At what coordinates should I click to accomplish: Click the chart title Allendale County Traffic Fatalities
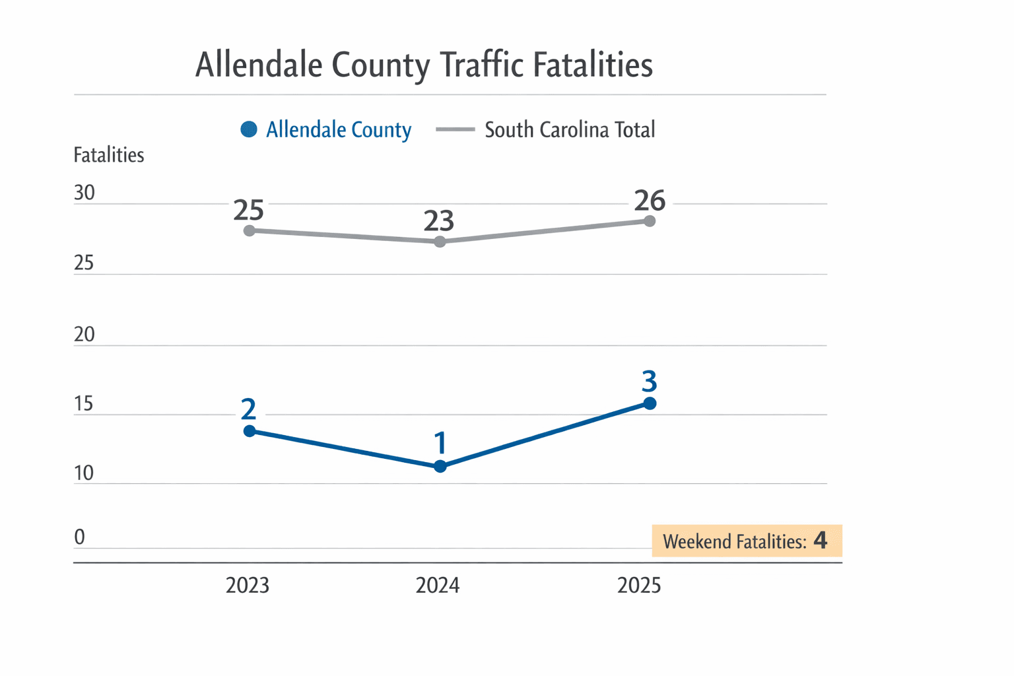pos(424,65)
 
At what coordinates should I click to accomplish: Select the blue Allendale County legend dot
pos(249,129)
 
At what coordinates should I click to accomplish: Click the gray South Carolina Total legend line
pos(455,129)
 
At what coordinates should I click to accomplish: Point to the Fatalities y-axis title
pos(108,155)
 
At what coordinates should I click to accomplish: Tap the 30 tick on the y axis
pos(84,193)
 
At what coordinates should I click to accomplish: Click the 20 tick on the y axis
pos(84,334)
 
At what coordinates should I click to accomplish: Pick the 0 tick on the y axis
pos(79,537)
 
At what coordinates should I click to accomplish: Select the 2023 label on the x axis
pos(248,586)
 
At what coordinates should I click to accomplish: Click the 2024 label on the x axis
pos(437,586)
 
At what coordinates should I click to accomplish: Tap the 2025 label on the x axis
pos(638,586)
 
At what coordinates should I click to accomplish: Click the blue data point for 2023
pos(250,431)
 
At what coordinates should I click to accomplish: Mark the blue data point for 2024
pos(440,467)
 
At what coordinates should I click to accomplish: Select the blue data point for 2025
pos(650,403)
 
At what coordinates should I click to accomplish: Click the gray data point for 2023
pos(250,230)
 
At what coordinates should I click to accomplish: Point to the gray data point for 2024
pos(440,242)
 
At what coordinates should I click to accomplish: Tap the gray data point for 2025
pos(650,221)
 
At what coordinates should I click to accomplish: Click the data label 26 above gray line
pos(650,200)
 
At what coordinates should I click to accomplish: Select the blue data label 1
pos(440,443)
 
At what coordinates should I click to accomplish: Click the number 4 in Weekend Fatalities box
pos(820,541)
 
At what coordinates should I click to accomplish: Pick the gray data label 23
pos(439,221)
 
